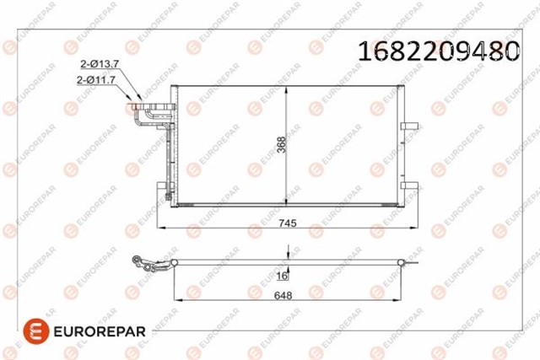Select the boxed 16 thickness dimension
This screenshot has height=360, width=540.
point(283,276)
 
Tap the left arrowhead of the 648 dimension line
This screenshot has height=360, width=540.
point(175,301)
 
